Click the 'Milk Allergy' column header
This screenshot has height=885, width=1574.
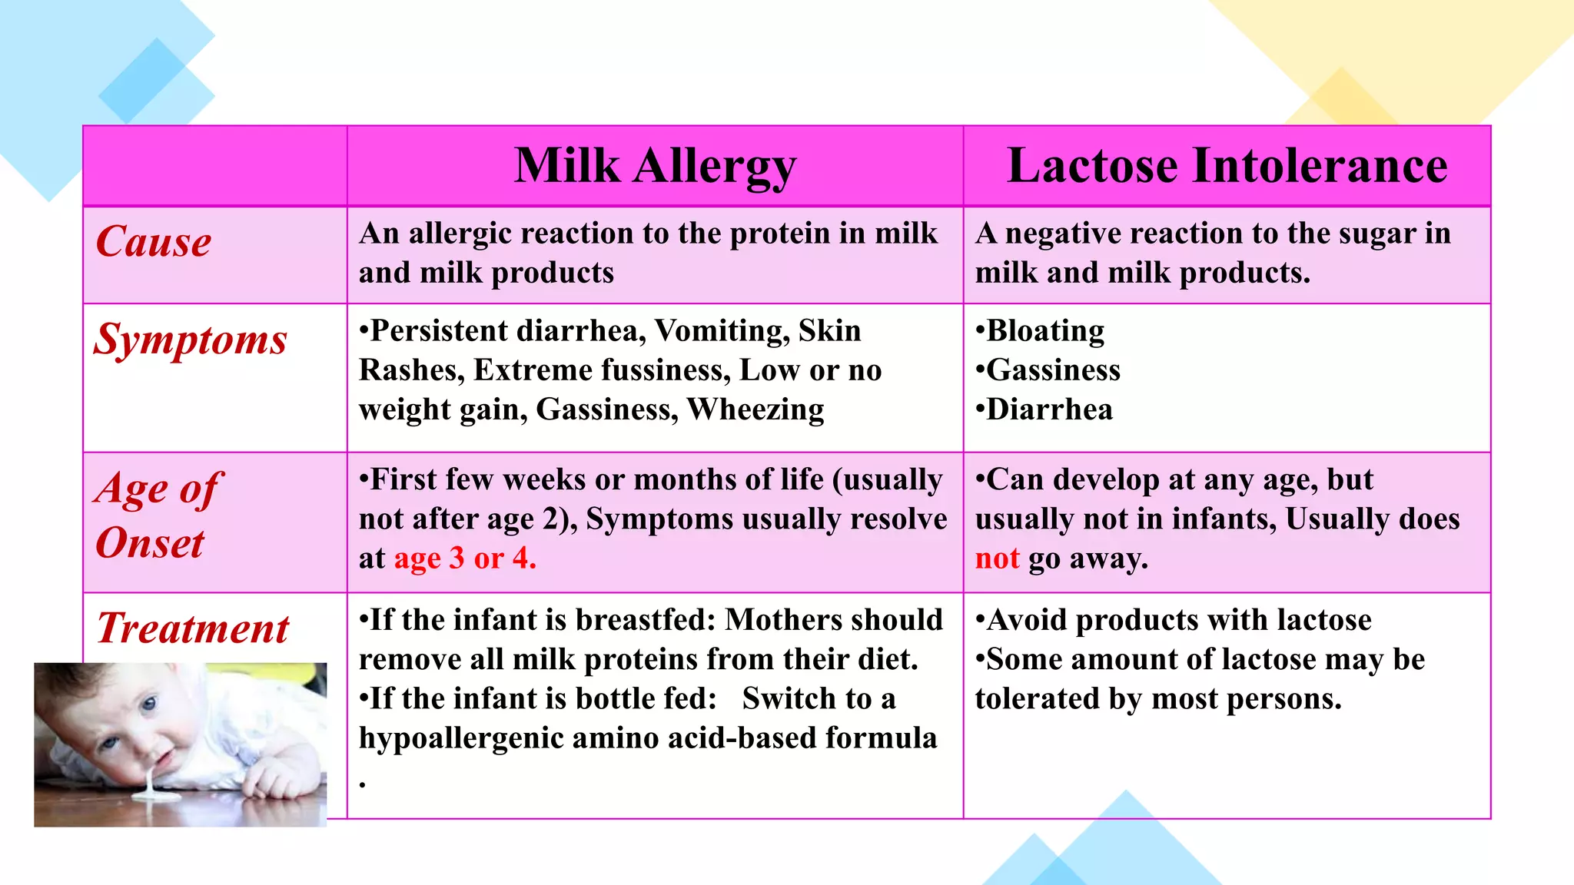tap(655, 166)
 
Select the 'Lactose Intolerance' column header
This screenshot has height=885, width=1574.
tap(1227, 166)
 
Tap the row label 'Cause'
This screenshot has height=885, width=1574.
tap(154, 242)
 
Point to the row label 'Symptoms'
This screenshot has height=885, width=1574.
tap(190, 340)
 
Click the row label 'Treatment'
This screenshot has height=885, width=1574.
tap(193, 628)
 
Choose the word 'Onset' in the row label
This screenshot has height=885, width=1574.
tap(150, 543)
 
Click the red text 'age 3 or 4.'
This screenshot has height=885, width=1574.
tap(465, 559)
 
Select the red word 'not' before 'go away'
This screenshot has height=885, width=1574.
tap(997, 559)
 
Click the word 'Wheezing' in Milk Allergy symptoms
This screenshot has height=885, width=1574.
tap(755, 409)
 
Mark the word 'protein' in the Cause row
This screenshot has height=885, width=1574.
tap(779, 234)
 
